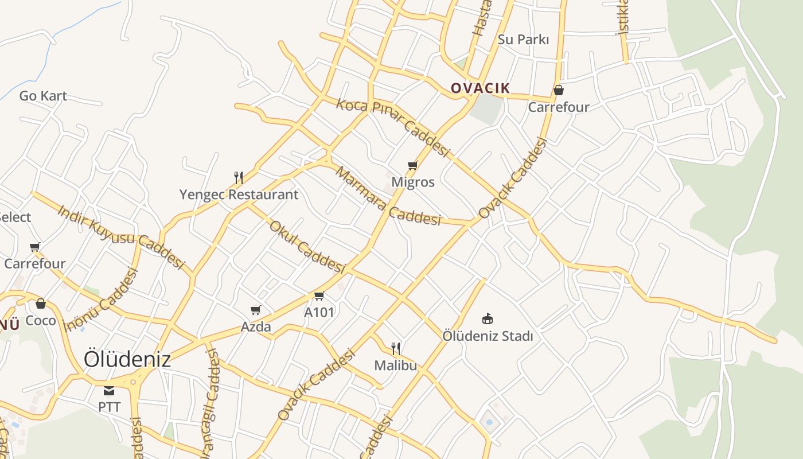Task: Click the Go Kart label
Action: (x=43, y=96)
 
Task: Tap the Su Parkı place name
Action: (x=523, y=40)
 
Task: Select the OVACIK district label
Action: (x=480, y=88)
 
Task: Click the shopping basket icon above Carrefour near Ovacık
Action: (x=558, y=90)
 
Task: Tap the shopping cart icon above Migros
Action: (x=412, y=166)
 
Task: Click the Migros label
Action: (x=412, y=182)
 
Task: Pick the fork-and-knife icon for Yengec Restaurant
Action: (x=239, y=177)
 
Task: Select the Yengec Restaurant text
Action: (x=239, y=195)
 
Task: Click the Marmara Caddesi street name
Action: (x=388, y=196)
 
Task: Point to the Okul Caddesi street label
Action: (x=307, y=247)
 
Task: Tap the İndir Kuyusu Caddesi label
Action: (x=120, y=236)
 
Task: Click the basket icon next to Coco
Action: (x=40, y=304)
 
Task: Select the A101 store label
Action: (x=319, y=312)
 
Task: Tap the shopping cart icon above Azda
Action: (x=256, y=310)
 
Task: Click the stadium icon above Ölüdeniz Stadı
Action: (x=488, y=318)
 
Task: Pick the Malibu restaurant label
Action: (x=395, y=365)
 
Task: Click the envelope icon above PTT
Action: (x=109, y=391)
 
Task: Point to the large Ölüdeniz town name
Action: (x=127, y=359)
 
